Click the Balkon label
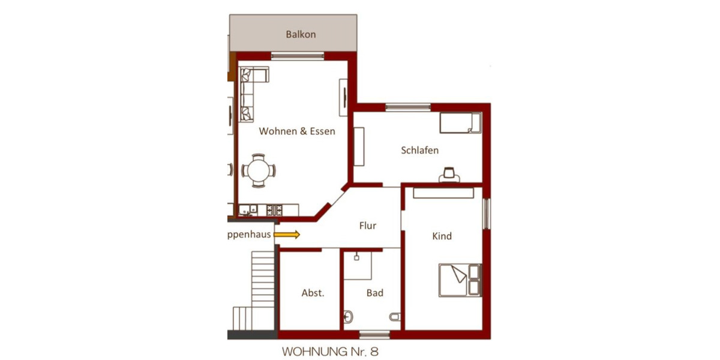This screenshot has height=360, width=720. coord(301,34)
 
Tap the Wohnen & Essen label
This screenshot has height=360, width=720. coord(297,131)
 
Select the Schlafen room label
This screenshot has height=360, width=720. coord(419,150)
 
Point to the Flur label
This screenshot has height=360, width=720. coord(368,226)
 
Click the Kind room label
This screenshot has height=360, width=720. coord(442,236)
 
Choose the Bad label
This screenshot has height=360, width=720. coord(375,293)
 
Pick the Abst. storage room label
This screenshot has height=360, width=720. coord(313,293)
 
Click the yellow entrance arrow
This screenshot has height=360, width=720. coord(287,235)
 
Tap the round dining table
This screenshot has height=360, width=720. coord(259,170)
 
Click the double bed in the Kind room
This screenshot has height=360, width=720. coord(460,280)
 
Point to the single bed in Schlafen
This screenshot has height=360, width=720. coord(460,122)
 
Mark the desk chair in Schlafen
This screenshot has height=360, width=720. coord(449,175)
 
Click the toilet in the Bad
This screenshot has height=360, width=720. coord(394,316)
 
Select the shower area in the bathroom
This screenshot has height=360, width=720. coord(358,265)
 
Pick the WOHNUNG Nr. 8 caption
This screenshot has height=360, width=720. coord(330,351)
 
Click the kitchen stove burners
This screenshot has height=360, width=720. coord(278,210)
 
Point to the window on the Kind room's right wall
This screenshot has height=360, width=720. coord(487,213)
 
